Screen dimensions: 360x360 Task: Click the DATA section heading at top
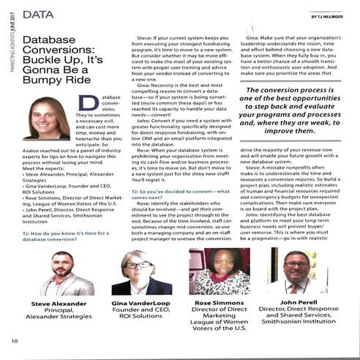coord(37,15)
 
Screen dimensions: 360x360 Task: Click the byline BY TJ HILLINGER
coord(326,16)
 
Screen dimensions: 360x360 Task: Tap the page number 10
coord(14,341)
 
